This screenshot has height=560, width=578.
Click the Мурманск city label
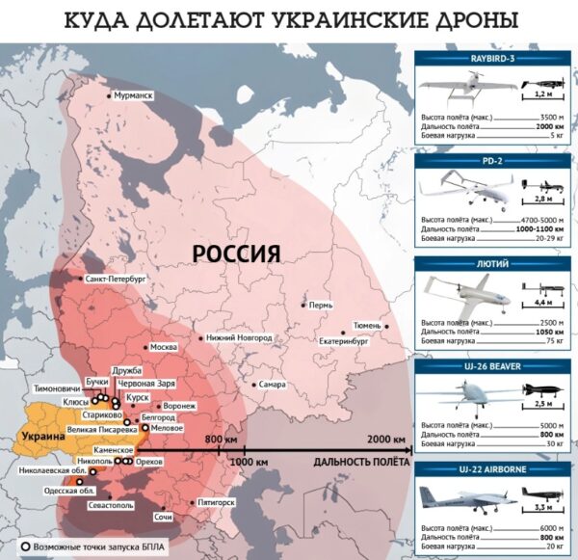point(134,96)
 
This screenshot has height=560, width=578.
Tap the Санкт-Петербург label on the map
point(115,278)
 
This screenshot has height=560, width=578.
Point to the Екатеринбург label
point(346,341)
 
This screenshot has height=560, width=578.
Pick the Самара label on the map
point(272,385)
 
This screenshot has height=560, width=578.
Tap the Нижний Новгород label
point(239,337)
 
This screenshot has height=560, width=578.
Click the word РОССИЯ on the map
point(236,253)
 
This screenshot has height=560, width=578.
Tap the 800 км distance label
point(222,440)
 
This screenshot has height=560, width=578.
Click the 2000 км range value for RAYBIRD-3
point(547,127)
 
